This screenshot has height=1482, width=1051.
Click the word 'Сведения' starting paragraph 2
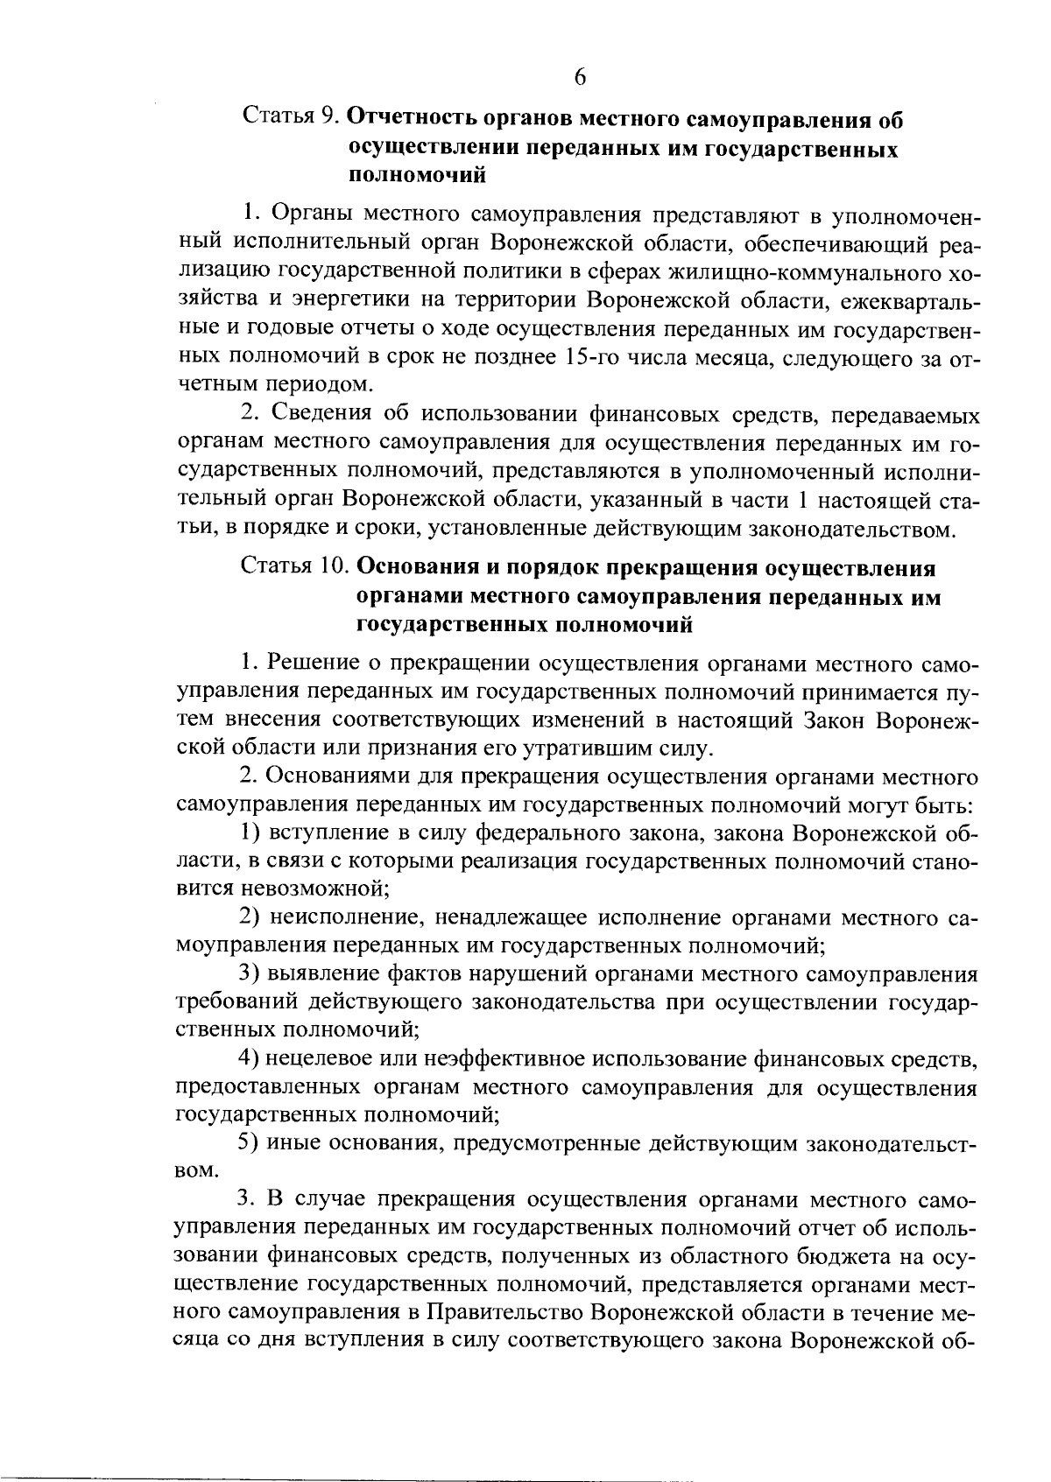coord(335,414)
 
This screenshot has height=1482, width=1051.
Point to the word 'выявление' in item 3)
coord(320,974)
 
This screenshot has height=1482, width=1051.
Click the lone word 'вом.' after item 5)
coord(196,1170)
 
